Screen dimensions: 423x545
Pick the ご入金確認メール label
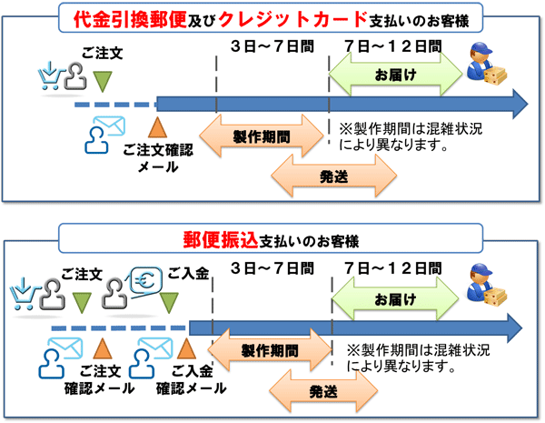(x=191, y=379)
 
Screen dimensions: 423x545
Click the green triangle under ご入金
(x=170, y=300)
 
